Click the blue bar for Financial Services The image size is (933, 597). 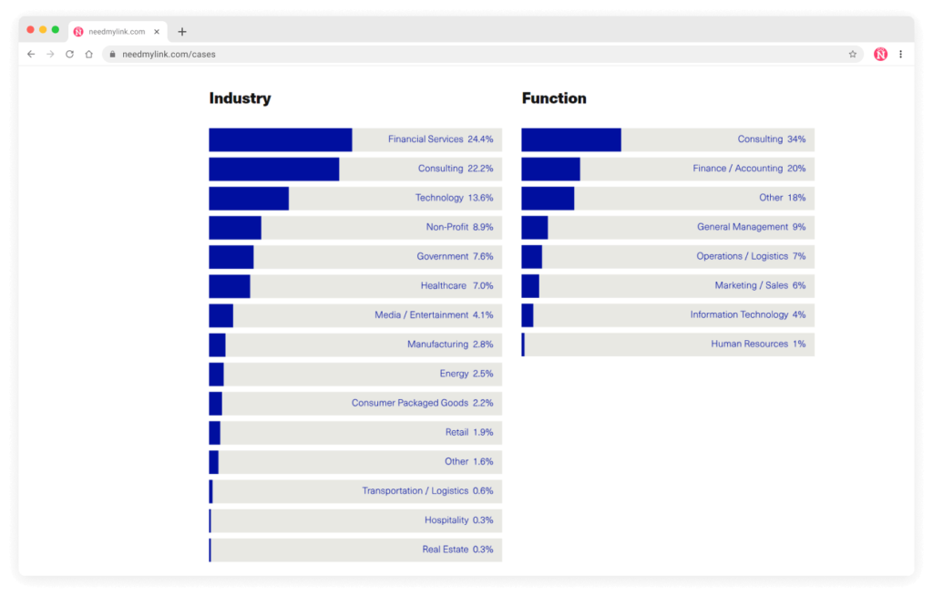[280, 139]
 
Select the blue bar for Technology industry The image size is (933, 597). [249, 198]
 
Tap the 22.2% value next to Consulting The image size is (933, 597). [480, 169]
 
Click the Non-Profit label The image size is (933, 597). [446, 227]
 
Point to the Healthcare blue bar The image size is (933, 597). [230, 285]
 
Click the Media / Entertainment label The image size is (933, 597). [421, 314]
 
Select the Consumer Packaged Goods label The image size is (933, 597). [409, 403]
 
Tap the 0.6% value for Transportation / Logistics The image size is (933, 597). [483, 490]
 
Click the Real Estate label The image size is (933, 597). [445, 550]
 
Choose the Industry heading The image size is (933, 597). [240, 98]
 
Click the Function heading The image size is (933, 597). [554, 98]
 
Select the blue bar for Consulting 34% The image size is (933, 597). [571, 139]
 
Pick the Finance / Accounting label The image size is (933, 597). [737, 169]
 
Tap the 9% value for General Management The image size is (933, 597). [799, 227]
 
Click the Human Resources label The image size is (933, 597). [749, 344]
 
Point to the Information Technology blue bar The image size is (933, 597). [528, 314]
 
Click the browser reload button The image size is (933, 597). [69, 54]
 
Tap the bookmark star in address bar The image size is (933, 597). [853, 54]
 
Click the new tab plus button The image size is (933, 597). [182, 31]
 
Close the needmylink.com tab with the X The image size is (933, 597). [157, 31]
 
